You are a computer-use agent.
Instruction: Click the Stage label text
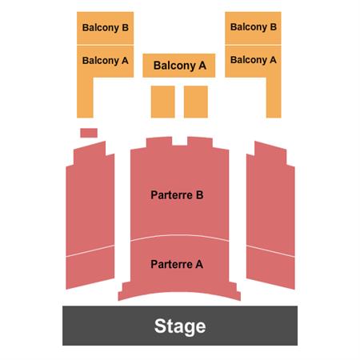coord(180,326)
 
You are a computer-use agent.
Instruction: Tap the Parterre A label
coord(177,264)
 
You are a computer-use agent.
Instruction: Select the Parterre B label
coord(177,195)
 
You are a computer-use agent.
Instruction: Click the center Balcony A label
coord(180,66)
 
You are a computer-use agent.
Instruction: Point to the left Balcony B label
coord(106,27)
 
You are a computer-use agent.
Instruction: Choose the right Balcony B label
coord(254,27)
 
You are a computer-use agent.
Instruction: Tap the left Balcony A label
coord(106,61)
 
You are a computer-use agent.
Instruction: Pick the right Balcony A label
coord(254,60)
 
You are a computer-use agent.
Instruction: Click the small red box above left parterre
coord(89,133)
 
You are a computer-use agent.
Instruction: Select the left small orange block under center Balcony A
coord(163,102)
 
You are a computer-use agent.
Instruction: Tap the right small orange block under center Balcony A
coord(196,102)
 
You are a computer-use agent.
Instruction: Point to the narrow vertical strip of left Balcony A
coord(85,98)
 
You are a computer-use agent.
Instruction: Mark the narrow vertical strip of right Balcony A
coord(274,98)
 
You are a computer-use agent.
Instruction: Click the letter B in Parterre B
coord(199,195)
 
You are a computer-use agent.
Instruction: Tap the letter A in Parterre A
coord(199,264)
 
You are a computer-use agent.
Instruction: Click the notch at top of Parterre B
coord(180,142)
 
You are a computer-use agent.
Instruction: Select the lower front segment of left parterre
coord(90,267)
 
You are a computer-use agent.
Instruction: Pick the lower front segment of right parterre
coord(270,267)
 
